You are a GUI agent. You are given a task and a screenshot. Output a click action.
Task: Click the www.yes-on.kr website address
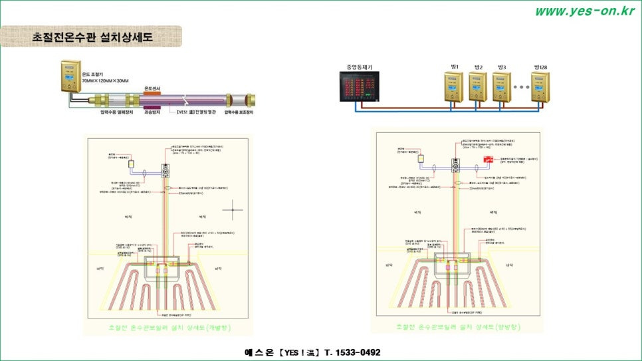584,11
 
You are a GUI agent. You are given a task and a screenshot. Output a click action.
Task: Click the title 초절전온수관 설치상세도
92,37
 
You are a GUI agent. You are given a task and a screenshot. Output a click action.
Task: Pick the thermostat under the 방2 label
478,87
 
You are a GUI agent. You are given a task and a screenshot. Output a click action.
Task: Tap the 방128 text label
544,68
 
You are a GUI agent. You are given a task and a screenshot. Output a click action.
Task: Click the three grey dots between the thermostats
522,87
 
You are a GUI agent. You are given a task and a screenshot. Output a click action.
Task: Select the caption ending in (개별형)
169,328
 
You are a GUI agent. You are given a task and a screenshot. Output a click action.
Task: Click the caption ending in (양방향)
458,326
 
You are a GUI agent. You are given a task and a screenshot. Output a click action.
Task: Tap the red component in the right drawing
487,160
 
